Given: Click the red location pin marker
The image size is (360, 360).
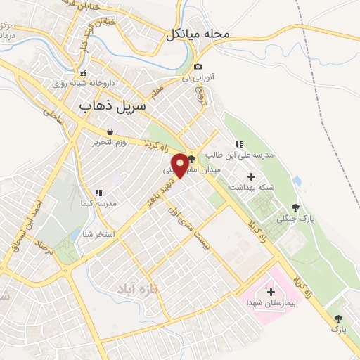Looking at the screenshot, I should tap(181, 165).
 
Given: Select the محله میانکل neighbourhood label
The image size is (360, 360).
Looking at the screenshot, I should tap(198, 34).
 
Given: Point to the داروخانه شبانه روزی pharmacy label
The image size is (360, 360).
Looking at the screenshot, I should tap(82, 82).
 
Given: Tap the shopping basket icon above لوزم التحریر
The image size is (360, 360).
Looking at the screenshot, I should tap(110, 131).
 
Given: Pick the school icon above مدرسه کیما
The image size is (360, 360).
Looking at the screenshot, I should tap(98, 192).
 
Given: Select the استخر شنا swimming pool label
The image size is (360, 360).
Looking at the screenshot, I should tap(98, 233).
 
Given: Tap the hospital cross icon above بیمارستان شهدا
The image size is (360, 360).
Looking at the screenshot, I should tap(271, 292).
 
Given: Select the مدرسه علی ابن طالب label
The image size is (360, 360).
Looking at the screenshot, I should tap(233, 154).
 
